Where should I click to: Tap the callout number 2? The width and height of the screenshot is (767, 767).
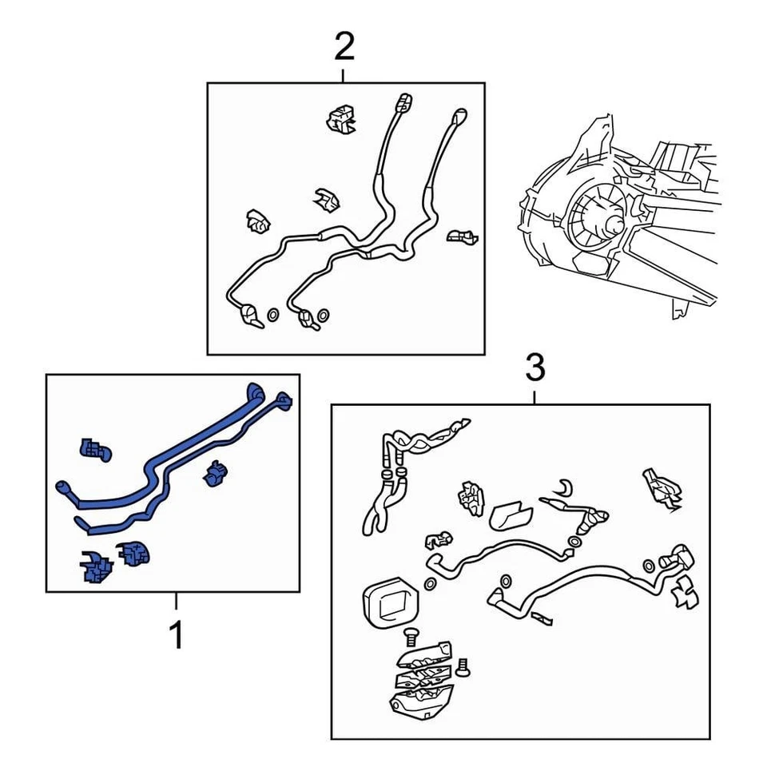[344, 46]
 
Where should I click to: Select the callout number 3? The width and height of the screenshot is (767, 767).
[535, 368]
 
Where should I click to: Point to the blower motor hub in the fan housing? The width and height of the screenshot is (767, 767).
[614, 225]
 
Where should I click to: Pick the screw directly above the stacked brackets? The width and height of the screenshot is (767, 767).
[411, 638]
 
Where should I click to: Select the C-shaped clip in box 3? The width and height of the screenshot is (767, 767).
[565, 487]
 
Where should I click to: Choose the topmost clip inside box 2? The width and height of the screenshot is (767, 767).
[341, 118]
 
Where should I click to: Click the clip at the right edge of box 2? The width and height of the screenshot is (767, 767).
[463, 236]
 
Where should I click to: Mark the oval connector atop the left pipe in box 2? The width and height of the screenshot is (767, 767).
[404, 102]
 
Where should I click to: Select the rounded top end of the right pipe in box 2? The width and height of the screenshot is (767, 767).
[460, 115]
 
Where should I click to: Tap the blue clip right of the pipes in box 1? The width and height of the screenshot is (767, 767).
[215, 474]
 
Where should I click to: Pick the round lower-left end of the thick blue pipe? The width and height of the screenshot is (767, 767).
[62, 487]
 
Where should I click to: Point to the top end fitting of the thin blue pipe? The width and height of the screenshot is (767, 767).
[284, 399]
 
